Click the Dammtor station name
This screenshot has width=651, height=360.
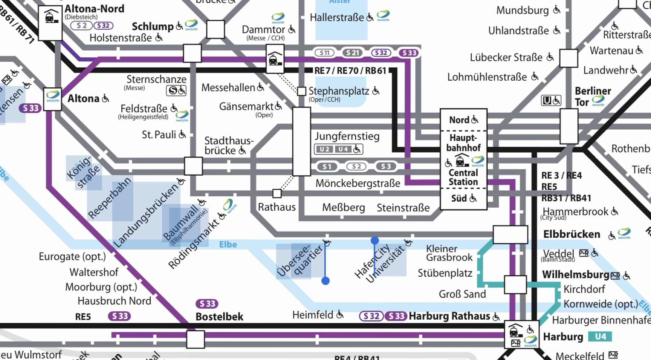click(263, 29)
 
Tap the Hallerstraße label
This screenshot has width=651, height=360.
click(337, 17)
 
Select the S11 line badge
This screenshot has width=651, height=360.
click(324, 53)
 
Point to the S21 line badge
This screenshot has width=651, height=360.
click(352, 53)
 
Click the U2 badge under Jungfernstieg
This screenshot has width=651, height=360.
click(324, 149)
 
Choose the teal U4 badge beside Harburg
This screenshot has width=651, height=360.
click(601, 336)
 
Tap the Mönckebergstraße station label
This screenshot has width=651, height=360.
click(358, 184)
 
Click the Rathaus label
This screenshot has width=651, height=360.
click(277, 207)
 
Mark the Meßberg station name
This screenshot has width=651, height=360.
click(344, 207)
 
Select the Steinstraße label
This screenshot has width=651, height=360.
click(403, 208)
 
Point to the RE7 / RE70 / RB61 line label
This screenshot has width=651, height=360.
click(350, 70)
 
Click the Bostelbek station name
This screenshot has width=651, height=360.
click(219, 317)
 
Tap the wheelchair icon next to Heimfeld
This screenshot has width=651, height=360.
click(340, 314)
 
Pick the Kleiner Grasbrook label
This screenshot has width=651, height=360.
click(449, 253)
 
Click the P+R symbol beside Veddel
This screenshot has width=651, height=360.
click(584, 253)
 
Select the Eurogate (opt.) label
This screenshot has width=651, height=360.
click(72, 257)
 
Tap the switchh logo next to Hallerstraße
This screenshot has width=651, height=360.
click(383, 15)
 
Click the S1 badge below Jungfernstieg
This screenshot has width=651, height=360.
click(327, 167)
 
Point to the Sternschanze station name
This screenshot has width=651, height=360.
click(156, 80)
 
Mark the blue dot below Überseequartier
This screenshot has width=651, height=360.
click(325, 281)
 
